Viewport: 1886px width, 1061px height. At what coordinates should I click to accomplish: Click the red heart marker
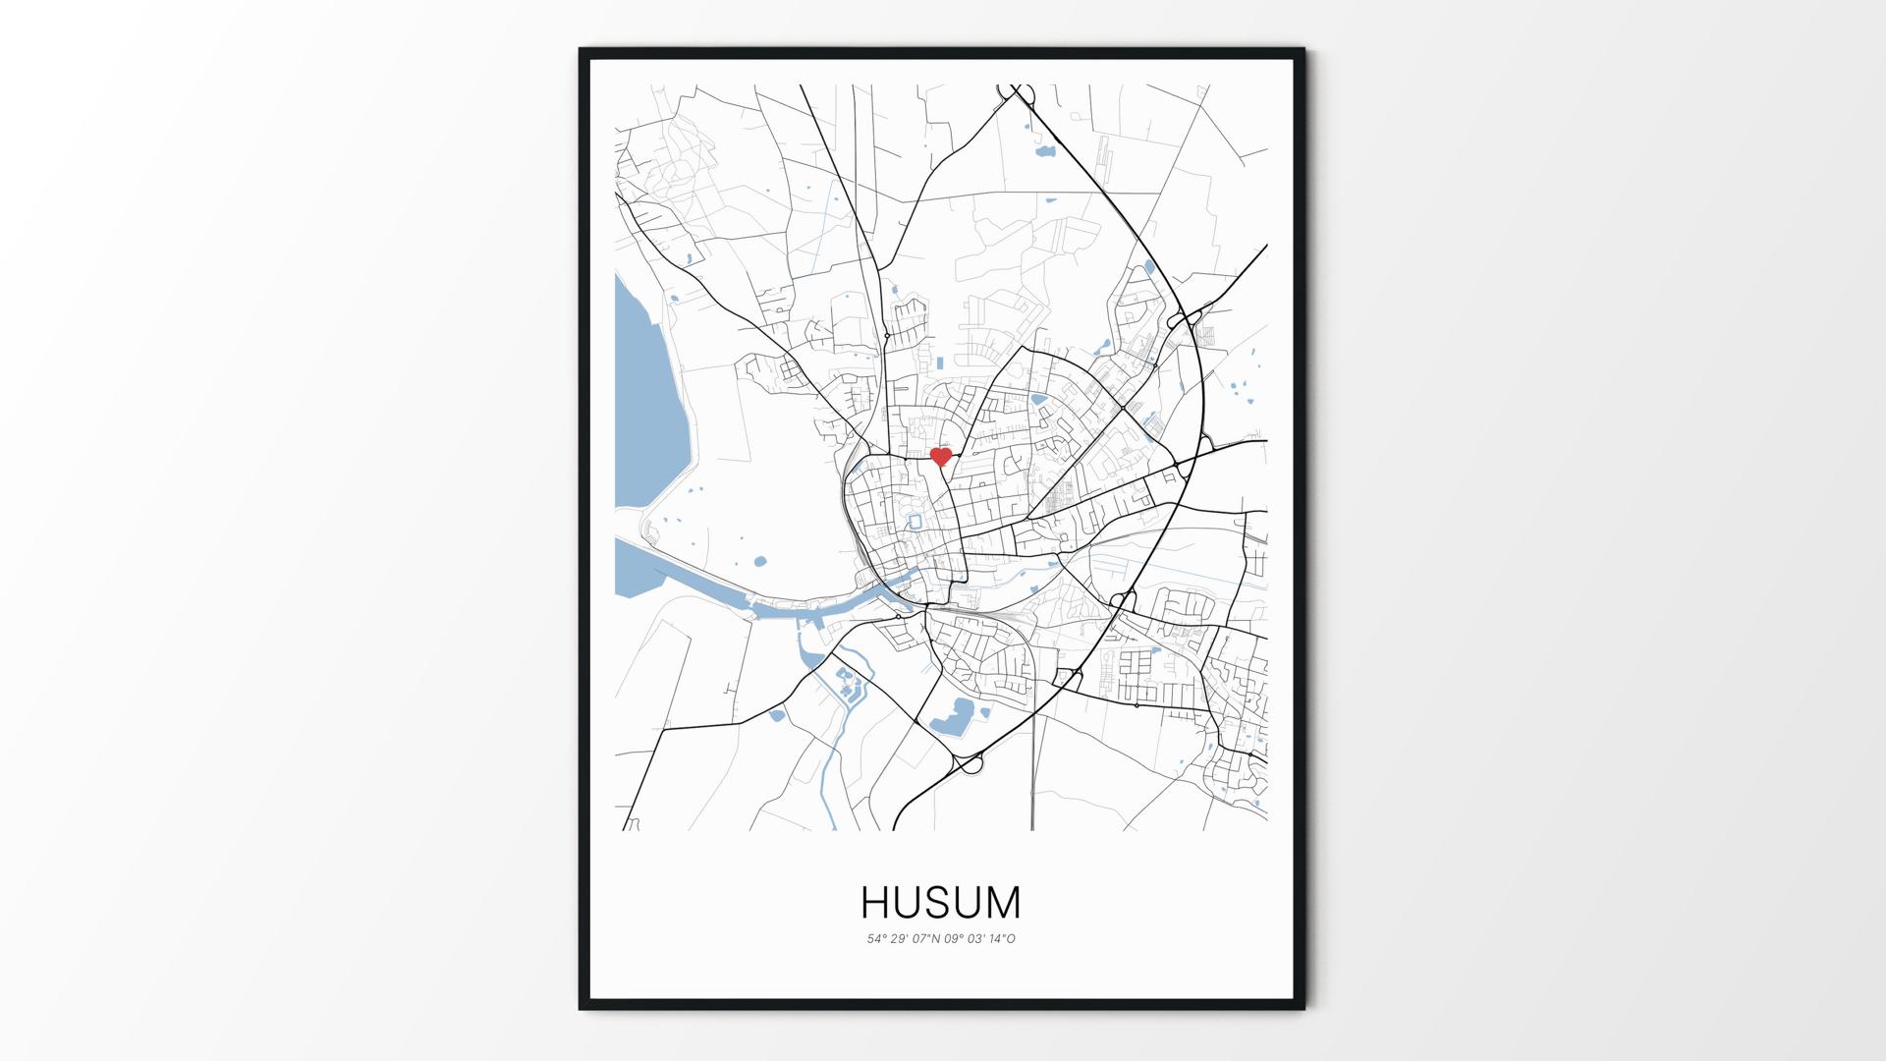[x=941, y=457]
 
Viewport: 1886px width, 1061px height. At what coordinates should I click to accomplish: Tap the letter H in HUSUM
[x=878, y=902]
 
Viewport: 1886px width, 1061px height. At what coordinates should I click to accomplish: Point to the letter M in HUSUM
[x=1002, y=902]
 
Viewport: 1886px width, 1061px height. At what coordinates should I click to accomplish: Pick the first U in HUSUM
[x=910, y=902]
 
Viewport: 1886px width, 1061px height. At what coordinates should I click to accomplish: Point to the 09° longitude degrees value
[x=955, y=939]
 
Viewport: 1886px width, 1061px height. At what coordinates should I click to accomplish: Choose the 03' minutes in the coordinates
[x=977, y=939]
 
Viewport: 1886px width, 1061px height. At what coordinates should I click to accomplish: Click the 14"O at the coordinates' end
[x=1003, y=939]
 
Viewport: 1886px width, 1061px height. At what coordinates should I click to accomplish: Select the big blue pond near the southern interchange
[x=952, y=718]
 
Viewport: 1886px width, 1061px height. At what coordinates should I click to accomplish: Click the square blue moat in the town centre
[x=915, y=521]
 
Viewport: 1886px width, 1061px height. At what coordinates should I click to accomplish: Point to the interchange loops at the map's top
[x=1020, y=94]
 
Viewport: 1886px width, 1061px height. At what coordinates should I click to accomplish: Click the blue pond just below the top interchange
[x=1044, y=152]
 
